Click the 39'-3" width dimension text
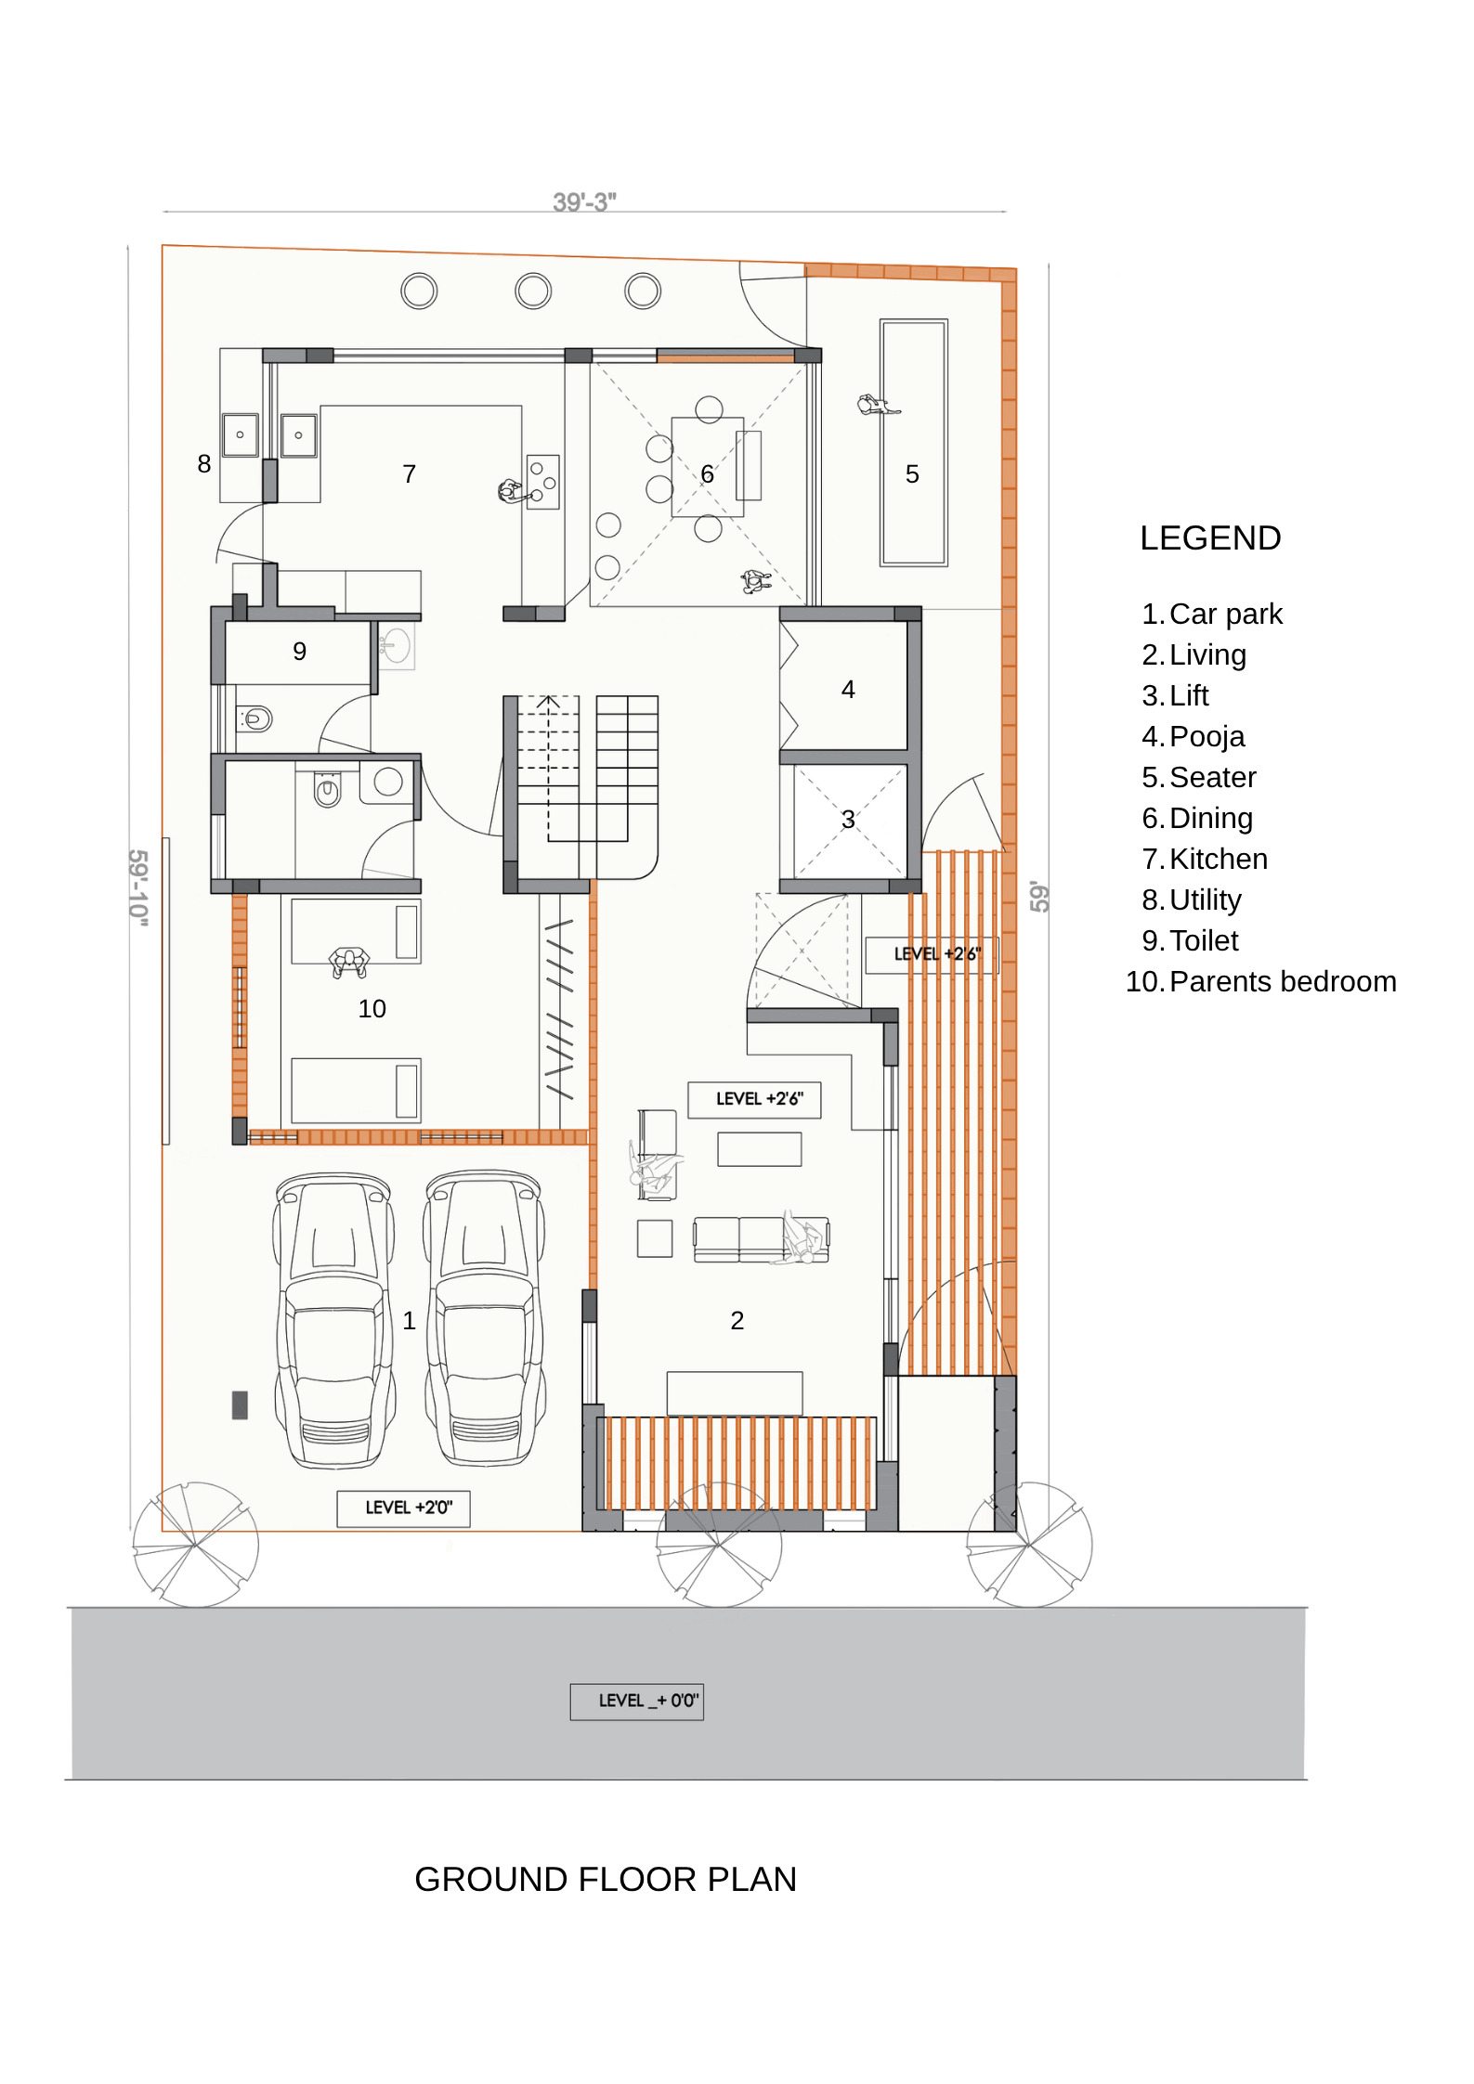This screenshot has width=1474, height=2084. tap(584, 201)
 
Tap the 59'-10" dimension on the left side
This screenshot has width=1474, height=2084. tap(138, 887)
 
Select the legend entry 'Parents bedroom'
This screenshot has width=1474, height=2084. tap(1283, 981)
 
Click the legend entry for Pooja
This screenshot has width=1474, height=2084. tap(1207, 736)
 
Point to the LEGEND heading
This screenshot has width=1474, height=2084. tap(1210, 538)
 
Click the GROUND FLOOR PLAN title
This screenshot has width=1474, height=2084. tap(606, 1879)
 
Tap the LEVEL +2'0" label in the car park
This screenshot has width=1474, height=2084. tap(409, 1508)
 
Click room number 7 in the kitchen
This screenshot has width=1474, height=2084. tap(409, 474)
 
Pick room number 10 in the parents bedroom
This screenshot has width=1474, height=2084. tap(372, 1009)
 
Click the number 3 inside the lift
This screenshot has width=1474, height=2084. tap(848, 820)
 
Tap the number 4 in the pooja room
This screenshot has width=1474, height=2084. tap(848, 690)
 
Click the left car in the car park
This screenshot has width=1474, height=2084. tap(334, 1320)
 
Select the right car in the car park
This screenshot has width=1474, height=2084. tap(485, 1318)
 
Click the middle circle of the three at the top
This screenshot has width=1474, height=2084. tap(533, 291)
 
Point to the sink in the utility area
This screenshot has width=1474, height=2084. tap(240, 434)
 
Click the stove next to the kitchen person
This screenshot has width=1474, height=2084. tap(543, 481)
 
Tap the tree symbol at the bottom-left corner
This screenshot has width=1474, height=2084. tap(196, 1545)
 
